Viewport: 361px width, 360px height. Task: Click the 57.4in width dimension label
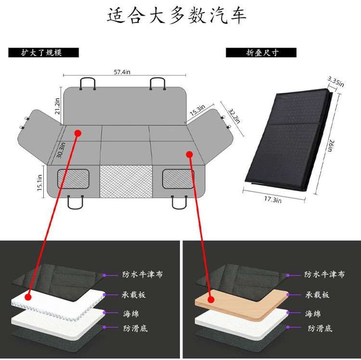click(122, 72)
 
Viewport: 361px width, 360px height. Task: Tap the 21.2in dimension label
click(57, 106)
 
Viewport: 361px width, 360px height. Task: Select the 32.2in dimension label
click(234, 116)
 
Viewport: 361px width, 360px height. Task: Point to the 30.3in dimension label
click(61, 150)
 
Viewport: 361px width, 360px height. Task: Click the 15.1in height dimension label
click(39, 182)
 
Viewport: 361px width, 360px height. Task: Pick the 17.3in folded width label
click(272, 199)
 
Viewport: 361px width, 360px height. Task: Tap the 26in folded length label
click(330, 146)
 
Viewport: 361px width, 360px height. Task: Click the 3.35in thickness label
click(336, 82)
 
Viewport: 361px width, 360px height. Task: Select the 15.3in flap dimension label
click(197, 110)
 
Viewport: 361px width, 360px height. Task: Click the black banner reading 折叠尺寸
click(261, 52)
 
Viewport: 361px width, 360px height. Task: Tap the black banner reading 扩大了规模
click(43, 52)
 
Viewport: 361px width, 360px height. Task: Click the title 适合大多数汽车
click(177, 16)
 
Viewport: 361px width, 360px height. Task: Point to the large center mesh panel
click(126, 181)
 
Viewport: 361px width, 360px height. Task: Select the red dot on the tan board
click(211, 299)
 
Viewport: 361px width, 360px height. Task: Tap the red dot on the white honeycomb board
click(28, 297)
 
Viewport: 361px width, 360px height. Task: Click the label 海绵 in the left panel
click(131, 313)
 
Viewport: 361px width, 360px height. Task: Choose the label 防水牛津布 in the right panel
click(324, 274)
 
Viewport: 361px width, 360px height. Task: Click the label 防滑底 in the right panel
click(320, 328)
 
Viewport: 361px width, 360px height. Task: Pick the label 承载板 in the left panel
click(133, 295)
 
